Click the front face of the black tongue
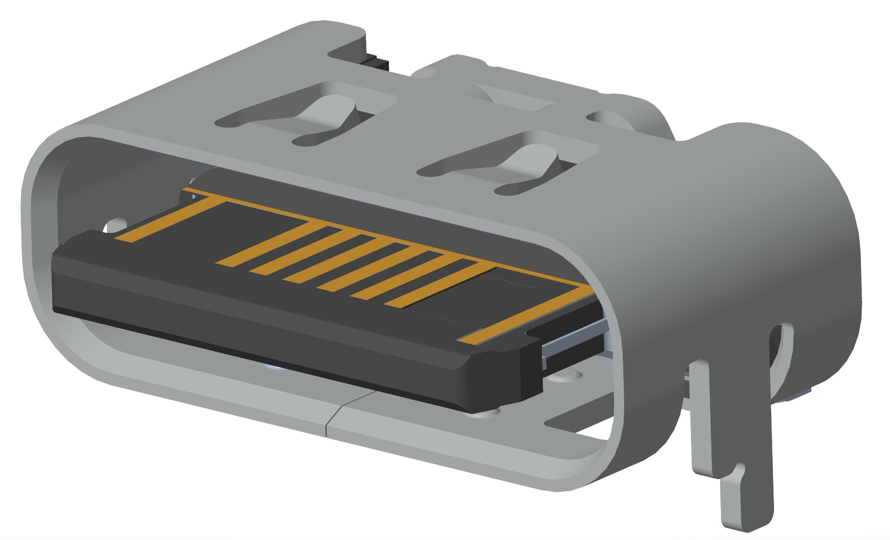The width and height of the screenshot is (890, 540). click(x=261, y=335)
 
